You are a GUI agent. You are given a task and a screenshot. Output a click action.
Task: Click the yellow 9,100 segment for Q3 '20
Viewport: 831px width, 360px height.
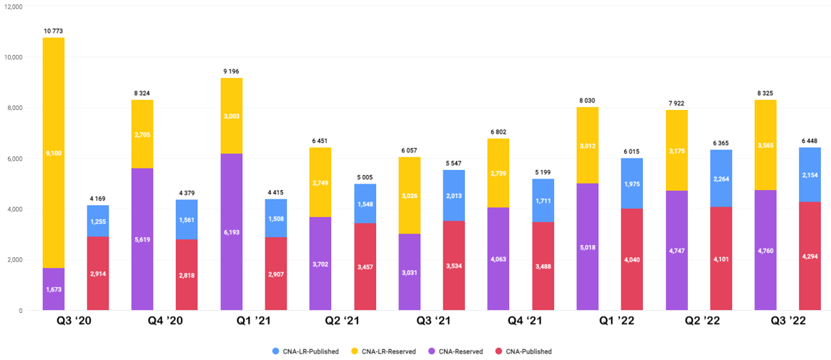coord(54,153)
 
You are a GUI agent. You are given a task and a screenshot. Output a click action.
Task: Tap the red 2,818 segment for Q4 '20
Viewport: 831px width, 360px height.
coord(187,275)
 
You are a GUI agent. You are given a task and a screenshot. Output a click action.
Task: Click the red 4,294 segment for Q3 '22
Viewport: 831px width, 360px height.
coord(810,256)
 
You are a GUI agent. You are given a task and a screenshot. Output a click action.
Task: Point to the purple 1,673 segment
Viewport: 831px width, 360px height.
coord(54,290)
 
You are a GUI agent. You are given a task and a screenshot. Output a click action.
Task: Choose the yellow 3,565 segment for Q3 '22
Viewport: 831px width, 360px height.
coord(765,145)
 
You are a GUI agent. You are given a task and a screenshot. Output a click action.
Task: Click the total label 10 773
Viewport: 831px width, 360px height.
coord(54,31)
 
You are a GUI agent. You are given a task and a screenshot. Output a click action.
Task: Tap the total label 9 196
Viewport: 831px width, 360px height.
coord(231,72)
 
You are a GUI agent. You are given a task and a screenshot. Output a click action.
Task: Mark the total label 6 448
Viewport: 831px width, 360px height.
coord(810,142)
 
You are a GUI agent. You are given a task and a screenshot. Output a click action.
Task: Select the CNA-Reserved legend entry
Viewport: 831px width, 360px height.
coord(455,351)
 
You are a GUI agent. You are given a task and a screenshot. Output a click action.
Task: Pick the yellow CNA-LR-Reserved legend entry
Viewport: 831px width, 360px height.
coord(383,351)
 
